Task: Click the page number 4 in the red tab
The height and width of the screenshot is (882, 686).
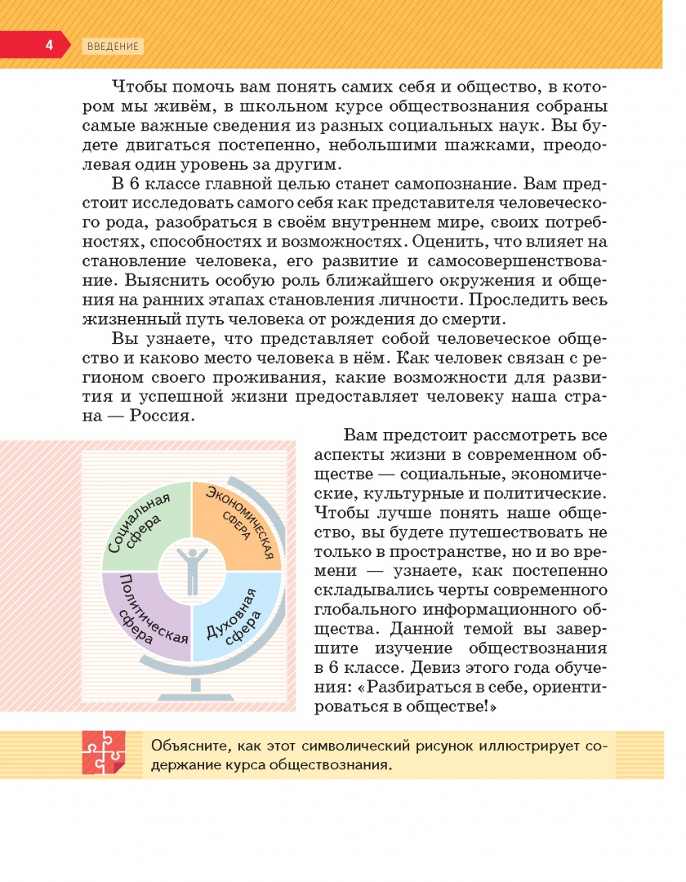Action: coord(48,45)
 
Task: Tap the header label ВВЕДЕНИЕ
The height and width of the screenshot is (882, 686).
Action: coord(112,46)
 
